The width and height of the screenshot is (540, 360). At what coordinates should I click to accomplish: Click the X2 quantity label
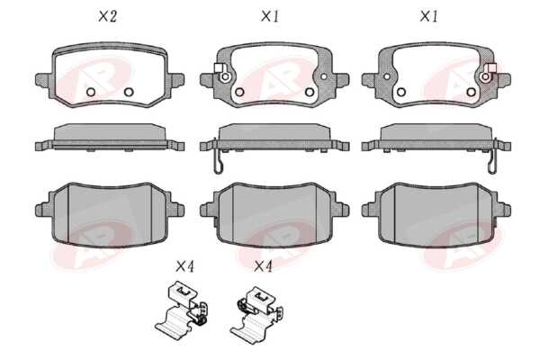tap(108, 16)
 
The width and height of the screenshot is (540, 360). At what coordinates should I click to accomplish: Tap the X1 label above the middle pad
tap(270, 16)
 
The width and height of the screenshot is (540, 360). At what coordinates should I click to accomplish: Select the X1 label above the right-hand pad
tap(428, 16)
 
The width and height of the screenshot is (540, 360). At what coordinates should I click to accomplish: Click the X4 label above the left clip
tap(184, 266)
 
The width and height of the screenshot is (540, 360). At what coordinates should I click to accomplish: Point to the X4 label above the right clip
tap(263, 266)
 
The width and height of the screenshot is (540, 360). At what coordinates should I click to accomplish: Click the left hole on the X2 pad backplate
tap(91, 92)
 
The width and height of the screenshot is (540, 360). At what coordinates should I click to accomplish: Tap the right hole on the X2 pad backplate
tap(129, 92)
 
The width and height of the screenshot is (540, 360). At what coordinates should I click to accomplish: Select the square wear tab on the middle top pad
tap(218, 67)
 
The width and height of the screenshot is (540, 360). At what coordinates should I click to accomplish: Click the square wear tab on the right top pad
tap(491, 67)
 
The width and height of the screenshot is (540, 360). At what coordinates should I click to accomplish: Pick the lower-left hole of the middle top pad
tap(239, 92)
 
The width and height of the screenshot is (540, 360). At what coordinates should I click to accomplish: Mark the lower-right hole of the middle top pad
tap(310, 92)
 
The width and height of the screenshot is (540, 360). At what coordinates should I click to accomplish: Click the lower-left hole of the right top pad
tap(400, 92)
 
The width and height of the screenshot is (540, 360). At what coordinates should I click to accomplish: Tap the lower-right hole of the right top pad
tap(471, 92)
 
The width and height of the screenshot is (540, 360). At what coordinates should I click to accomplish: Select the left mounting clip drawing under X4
tap(181, 309)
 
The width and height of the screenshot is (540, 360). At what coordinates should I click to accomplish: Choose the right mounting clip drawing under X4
tap(256, 311)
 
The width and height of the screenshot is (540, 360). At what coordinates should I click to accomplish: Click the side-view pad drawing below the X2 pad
tap(110, 138)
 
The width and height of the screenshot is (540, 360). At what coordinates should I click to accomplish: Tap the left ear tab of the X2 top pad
tap(43, 80)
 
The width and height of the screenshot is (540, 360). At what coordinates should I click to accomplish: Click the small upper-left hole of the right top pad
tap(387, 76)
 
